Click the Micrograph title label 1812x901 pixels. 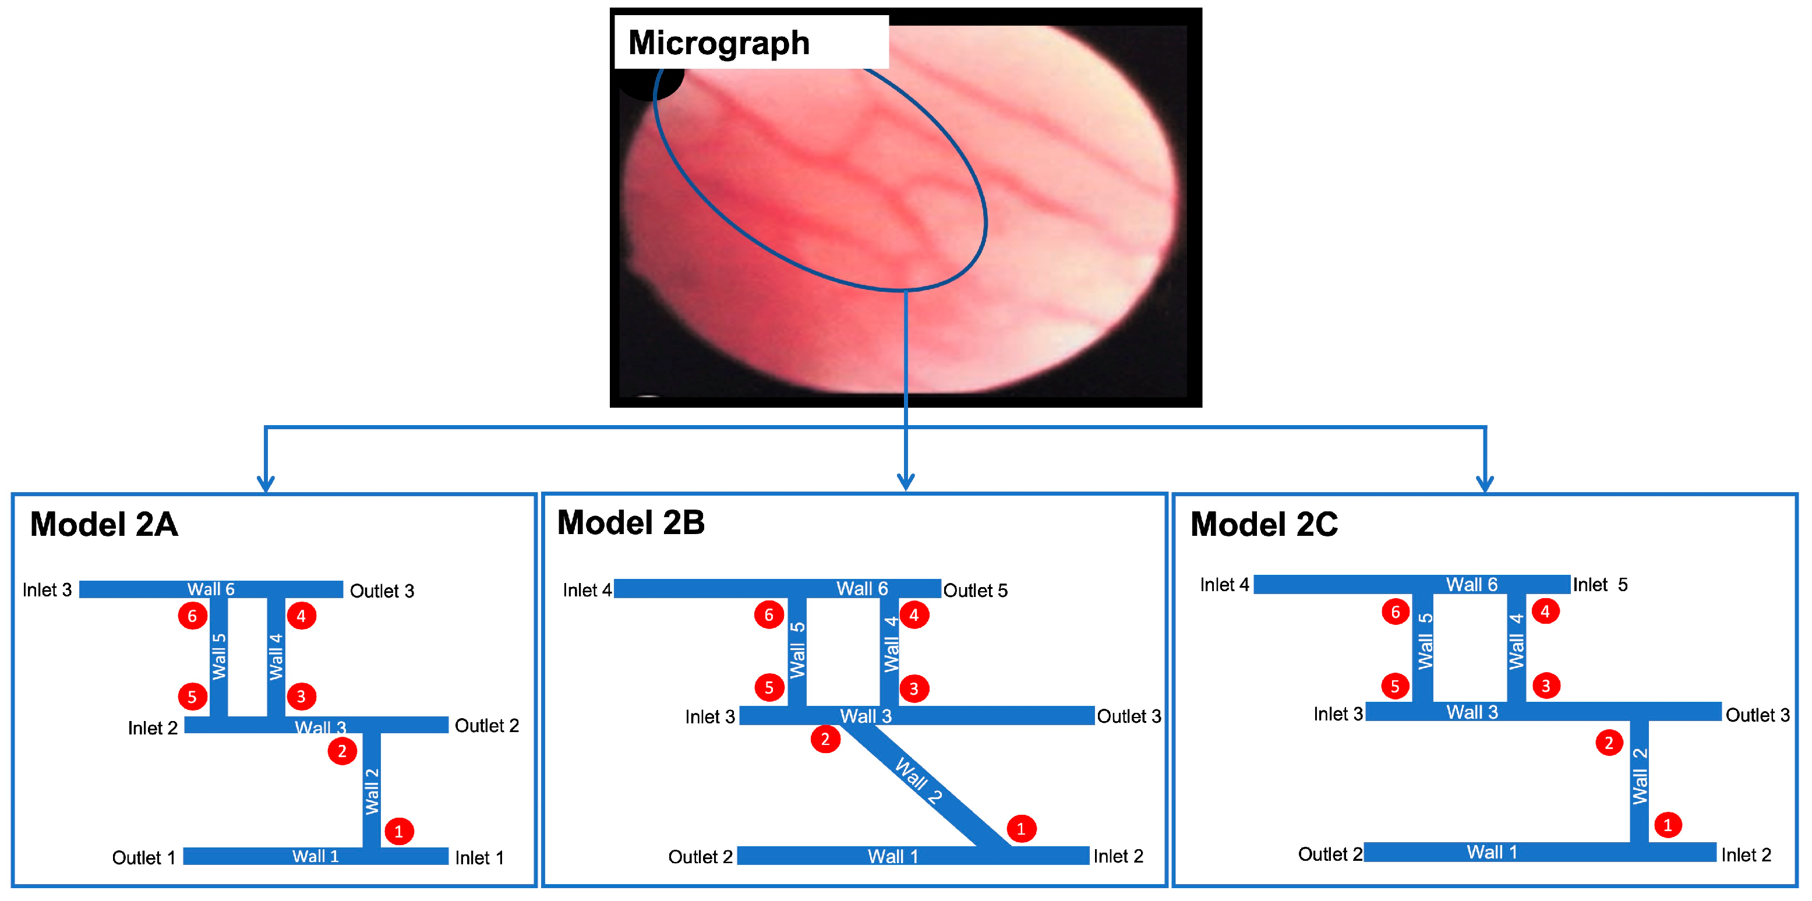[x=718, y=43]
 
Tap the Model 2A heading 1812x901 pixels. [x=104, y=525]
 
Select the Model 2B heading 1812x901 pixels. [x=630, y=522]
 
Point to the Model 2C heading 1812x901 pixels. [x=1263, y=525]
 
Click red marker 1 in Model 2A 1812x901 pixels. [x=399, y=831]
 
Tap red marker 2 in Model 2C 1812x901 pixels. [x=1609, y=743]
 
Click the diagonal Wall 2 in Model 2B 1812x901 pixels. [x=918, y=780]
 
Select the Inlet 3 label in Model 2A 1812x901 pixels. [x=47, y=590]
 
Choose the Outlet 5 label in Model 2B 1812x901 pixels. [x=975, y=591]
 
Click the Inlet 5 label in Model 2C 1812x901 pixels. [x=1600, y=585]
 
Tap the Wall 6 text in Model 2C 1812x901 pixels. [x=1471, y=585]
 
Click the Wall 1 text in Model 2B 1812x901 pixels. [x=893, y=857]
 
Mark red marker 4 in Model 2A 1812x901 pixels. [x=301, y=616]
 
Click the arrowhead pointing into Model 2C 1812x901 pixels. [x=1484, y=484]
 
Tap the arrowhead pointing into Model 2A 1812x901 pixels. [x=265, y=484]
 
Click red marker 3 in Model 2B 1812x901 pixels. [x=914, y=688]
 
